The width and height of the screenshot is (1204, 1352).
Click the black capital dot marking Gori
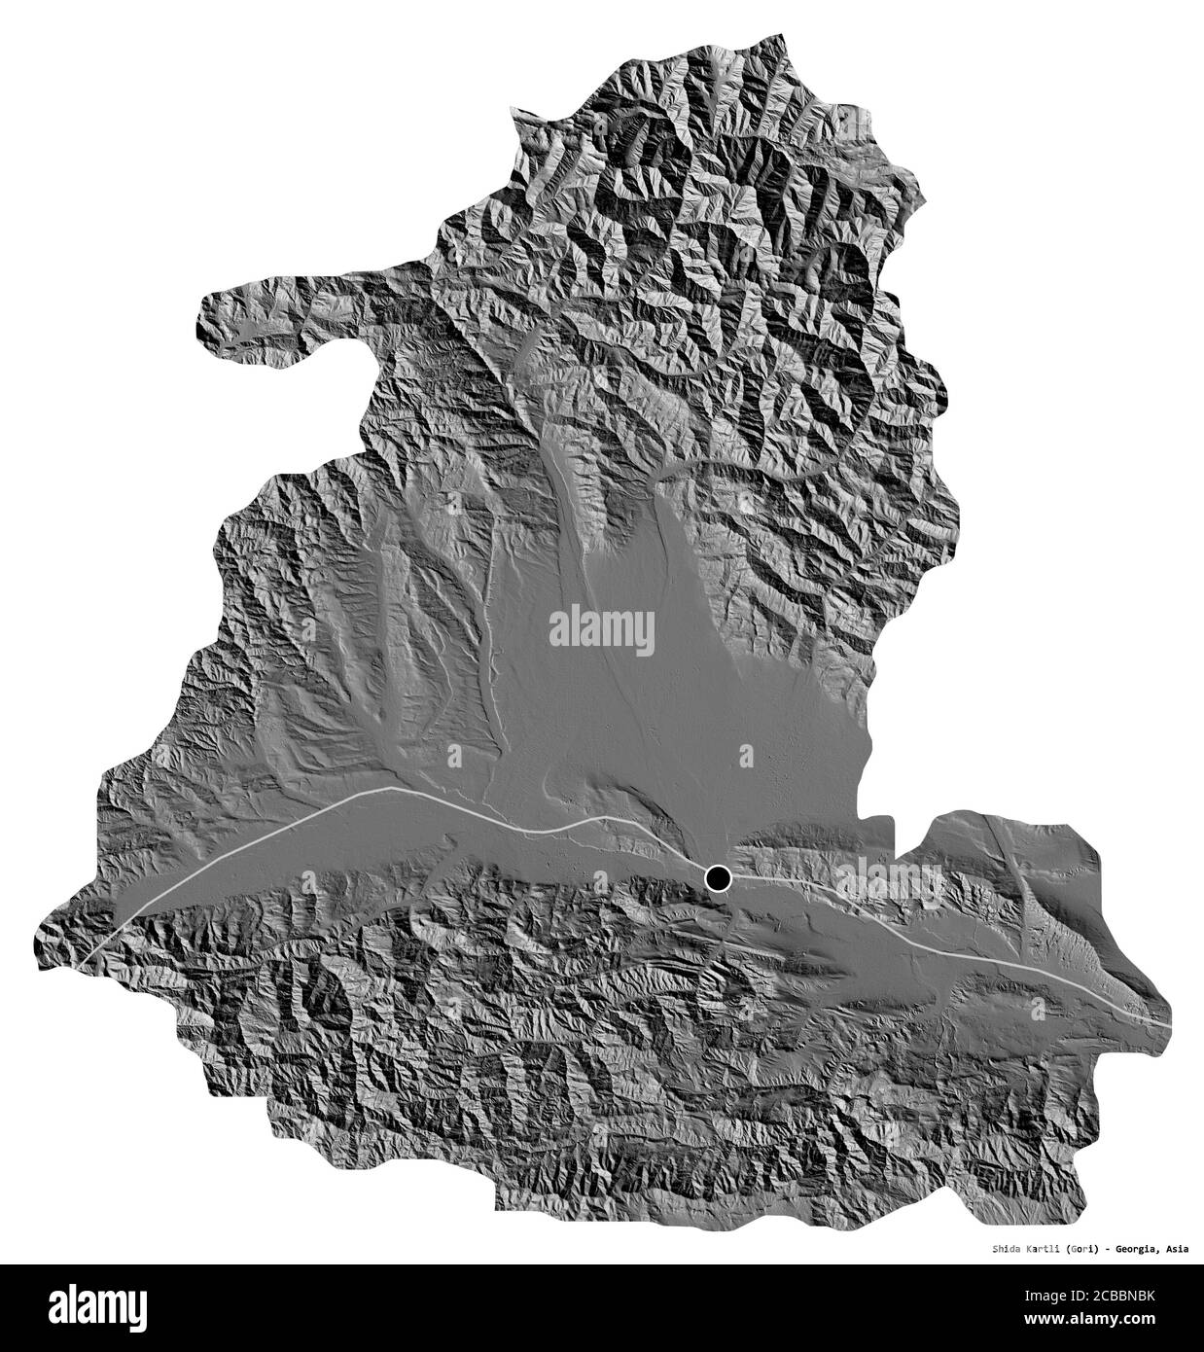[718, 879]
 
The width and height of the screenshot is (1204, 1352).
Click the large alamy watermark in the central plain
[602, 627]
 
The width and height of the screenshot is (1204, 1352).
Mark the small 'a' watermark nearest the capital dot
[746, 755]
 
